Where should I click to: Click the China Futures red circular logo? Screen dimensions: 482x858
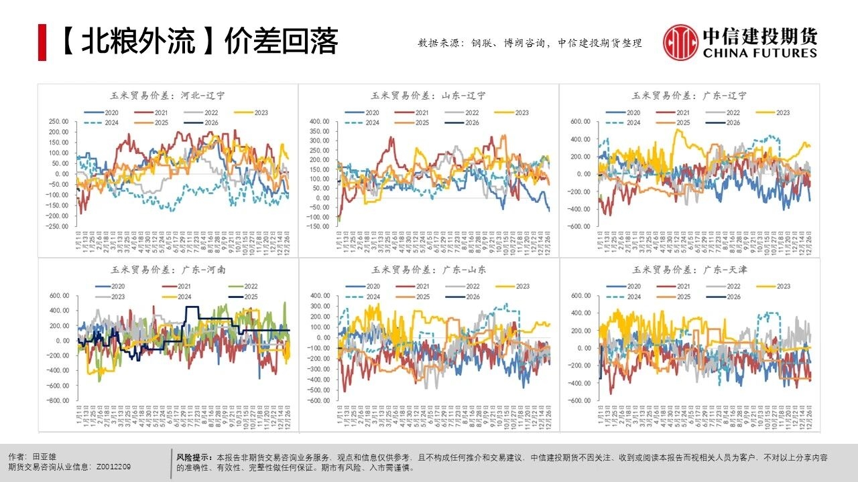point(680,42)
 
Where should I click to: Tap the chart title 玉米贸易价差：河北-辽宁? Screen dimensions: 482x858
point(167,96)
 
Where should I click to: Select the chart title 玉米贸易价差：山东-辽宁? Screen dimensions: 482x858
point(428,96)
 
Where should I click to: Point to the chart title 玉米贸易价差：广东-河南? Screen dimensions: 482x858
point(167,270)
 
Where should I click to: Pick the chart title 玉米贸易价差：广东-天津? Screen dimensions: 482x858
point(690,270)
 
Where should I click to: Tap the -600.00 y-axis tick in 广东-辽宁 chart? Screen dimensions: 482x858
point(580,226)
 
